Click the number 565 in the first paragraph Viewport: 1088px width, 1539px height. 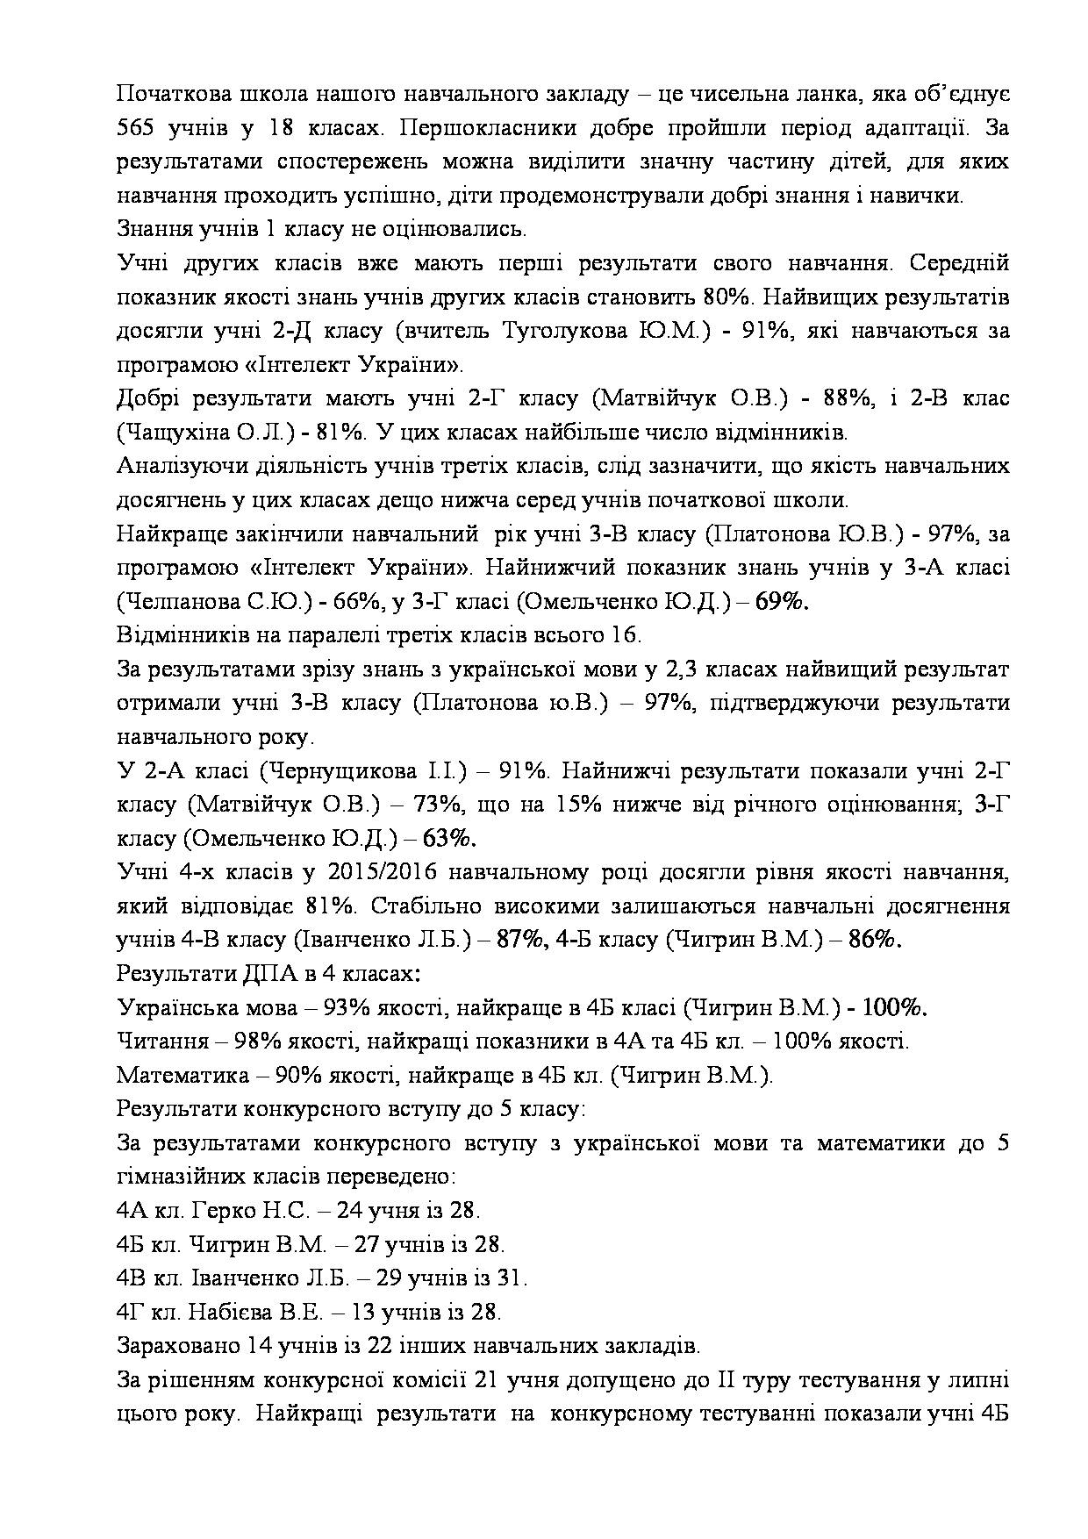point(136,128)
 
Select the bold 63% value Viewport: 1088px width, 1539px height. point(449,839)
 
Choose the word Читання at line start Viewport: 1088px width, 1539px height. point(162,1042)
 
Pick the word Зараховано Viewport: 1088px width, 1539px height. point(175,1347)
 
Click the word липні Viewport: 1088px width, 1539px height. point(977,1381)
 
